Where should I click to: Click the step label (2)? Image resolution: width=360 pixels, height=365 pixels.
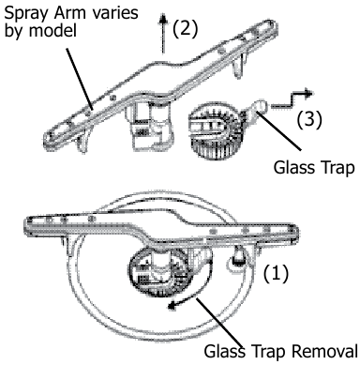[x=187, y=29]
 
